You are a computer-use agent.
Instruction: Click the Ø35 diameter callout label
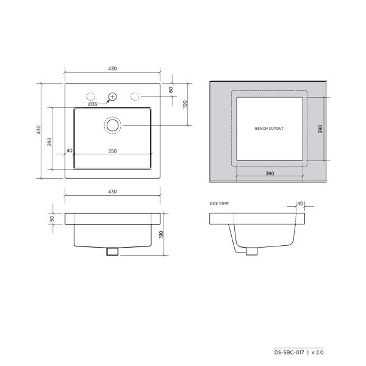pos(93,104)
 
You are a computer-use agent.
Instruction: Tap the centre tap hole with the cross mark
pos(112,96)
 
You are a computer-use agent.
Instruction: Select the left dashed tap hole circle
pos(90,96)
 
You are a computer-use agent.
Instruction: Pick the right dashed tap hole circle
pos(135,96)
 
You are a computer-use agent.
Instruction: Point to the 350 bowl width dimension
pos(112,151)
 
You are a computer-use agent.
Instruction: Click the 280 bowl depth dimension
pos(49,142)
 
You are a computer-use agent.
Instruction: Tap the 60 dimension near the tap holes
pos(171,90)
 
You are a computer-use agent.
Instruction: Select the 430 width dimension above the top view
pos(112,68)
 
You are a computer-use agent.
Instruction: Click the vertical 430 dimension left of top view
pos(38,130)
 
